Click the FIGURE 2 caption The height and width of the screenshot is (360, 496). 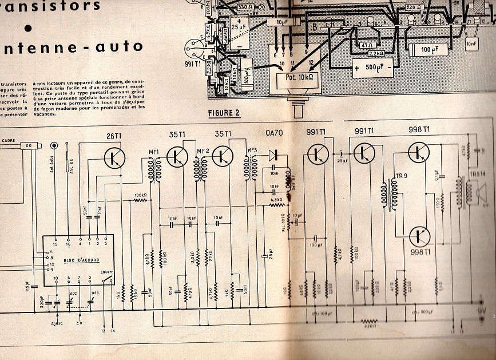point(224,112)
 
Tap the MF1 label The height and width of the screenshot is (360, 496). point(153,152)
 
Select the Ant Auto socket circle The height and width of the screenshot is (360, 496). point(54,146)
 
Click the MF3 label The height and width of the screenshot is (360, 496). point(251,152)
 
